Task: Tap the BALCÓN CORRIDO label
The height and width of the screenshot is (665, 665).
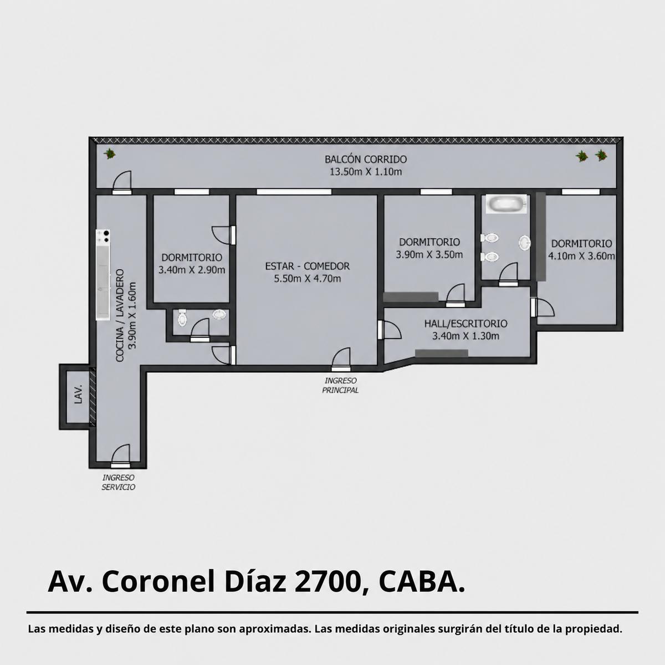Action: (365, 160)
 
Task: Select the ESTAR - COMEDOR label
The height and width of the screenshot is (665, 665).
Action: (307, 266)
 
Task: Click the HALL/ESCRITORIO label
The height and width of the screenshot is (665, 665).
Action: (465, 323)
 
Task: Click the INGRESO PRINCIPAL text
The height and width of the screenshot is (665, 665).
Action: (340, 385)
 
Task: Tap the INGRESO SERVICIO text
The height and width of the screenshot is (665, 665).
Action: (119, 483)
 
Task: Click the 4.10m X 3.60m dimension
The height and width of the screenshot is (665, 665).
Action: (581, 256)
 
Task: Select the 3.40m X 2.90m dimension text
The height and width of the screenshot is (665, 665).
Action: (192, 270)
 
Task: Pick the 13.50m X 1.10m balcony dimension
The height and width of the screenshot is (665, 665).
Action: (366, 172)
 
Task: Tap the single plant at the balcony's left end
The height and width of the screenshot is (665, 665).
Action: (110, 154)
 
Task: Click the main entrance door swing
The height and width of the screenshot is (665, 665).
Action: (341, 357)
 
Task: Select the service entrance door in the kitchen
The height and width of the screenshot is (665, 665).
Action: (120, 455)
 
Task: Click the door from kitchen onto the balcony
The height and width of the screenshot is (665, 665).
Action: (122, 182)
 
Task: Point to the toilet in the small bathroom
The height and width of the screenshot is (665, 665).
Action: (182, 318)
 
